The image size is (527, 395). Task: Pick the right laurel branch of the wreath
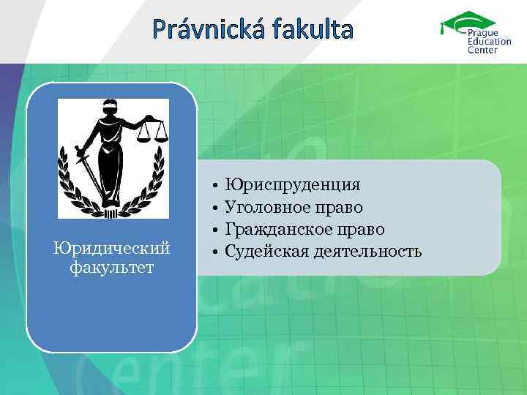pyautogui.click(x=153, y=179)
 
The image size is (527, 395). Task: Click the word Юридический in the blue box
pyautogui.click(x=111, y=251)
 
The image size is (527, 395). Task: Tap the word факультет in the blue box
pyautogui.click(x=111, y=268)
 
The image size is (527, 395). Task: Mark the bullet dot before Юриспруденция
pyautogui.click(x=214, y=184)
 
